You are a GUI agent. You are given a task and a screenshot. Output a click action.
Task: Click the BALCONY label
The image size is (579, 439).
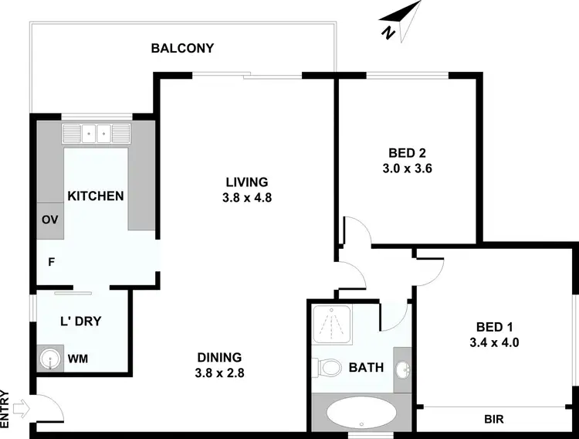click(182, 48)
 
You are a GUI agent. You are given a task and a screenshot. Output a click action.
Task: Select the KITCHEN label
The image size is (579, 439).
click(96, 196)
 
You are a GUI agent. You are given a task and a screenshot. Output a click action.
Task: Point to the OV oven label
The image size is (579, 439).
click(50, 219)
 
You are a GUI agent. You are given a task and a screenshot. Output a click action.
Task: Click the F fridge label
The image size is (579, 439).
click(51, 261)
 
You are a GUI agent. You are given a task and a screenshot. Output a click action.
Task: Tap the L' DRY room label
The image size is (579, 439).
click(81, 320)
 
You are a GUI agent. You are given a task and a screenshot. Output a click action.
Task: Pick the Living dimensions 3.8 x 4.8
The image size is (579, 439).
click(246, 197)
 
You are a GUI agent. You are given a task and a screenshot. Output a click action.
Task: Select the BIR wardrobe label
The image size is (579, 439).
click(494, 420)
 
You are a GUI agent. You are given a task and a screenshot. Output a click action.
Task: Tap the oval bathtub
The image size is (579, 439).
click(361, 413)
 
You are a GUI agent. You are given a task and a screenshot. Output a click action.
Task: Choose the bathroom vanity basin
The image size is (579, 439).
click(402, 369)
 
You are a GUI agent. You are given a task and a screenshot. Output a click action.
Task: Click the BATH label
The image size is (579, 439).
click(365, 367)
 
